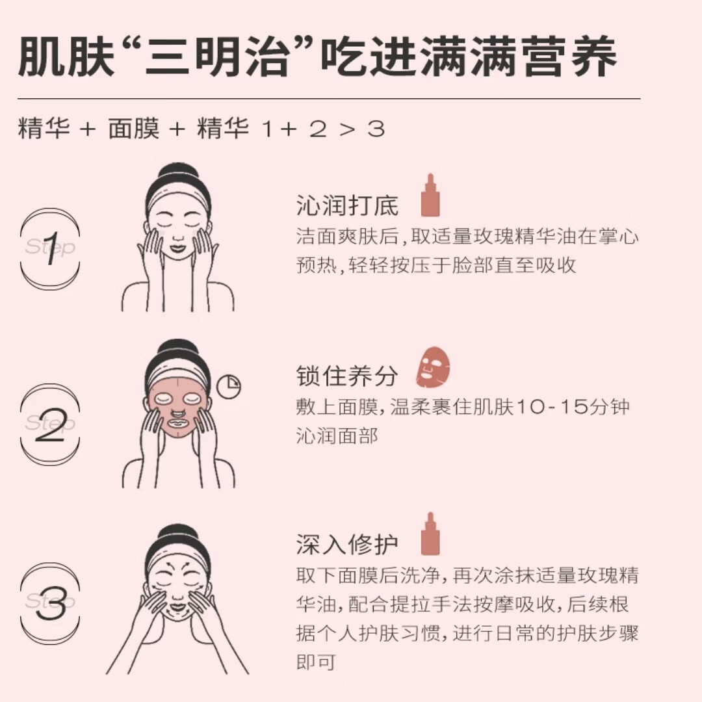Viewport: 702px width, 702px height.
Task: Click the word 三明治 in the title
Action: pos(216,56)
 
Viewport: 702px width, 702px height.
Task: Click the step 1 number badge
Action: pos(50,249)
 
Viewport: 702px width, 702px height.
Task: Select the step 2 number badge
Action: pos(50,424)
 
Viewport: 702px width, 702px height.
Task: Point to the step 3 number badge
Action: pos(50,603)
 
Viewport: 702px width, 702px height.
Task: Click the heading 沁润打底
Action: pos(347,205)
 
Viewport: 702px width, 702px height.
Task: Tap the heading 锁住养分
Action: pos(347,376)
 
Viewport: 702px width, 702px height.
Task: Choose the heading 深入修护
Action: pos(347,545)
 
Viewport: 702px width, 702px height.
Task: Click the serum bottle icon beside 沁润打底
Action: pos(430,195)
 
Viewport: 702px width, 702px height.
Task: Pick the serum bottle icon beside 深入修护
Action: pos(430,534)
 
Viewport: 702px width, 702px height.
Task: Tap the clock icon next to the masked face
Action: pos(229,386)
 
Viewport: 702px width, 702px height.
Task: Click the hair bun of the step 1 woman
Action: pos(178,175)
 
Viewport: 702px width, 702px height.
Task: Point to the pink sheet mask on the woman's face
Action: pos(178,408)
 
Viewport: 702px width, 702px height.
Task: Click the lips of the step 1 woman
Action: pos(177,247)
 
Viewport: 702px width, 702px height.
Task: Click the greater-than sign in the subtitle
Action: pos(346,130)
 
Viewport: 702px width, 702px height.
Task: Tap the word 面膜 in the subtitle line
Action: pos(134,129)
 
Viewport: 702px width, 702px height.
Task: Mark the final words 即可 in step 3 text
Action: pos(316,662)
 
